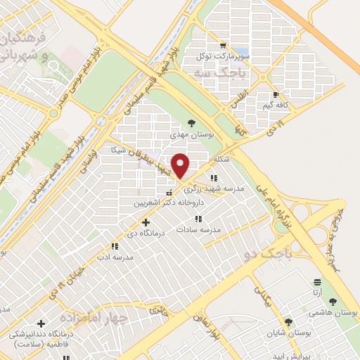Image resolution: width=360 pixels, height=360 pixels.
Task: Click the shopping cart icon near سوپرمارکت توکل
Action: tap(223, 45)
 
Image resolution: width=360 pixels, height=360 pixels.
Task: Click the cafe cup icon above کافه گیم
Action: tap(276, 94)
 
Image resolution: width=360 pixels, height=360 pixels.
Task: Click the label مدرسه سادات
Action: tap(199, 230)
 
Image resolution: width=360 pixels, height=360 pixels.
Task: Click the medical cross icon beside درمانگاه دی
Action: tap(146, 222)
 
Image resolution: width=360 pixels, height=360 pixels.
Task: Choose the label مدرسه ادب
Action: tap(117, 257)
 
